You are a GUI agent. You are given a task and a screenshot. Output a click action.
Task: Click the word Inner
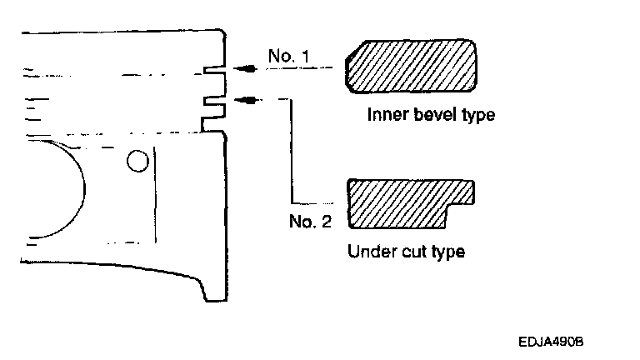[384, 114]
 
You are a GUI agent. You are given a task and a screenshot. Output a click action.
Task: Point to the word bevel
[432, 114]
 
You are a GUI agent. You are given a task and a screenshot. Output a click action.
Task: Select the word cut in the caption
[415, 251]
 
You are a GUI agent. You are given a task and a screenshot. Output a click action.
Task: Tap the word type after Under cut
[447, 252]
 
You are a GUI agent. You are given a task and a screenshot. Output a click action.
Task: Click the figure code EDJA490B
[550, 341]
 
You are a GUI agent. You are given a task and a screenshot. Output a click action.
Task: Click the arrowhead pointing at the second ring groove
[242, 100]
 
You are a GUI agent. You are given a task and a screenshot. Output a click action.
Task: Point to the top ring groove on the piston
[215, 70]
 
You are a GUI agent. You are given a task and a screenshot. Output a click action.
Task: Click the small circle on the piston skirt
[137, 161]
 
